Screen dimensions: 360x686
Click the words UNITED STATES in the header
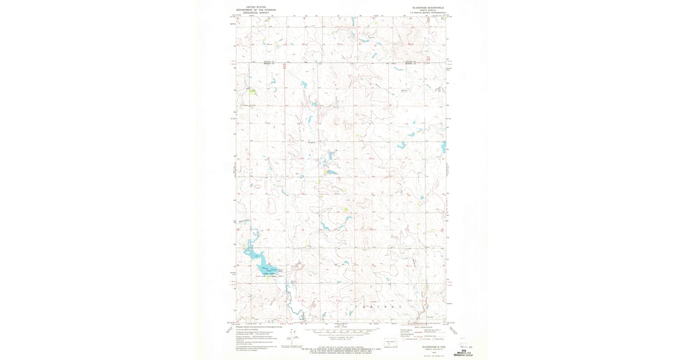click(256, 7)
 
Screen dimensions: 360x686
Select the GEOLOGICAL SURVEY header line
click(256, 13)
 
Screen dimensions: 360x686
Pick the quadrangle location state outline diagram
click(390, 344)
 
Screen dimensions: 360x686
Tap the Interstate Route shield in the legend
click(400, 339)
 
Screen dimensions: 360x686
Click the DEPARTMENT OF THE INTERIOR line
click(256, 10)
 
